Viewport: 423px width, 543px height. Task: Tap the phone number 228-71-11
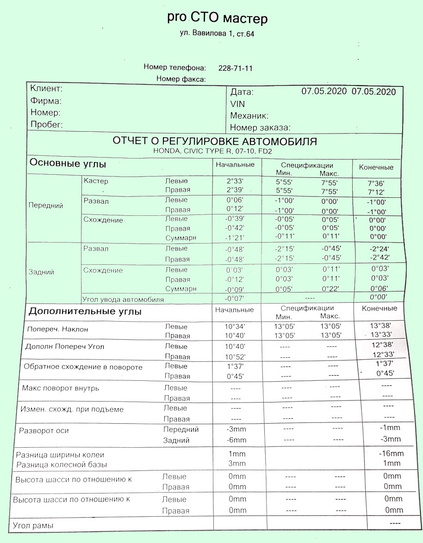(x=235, y=68)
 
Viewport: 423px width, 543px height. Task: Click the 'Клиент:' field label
(x=46, y=89)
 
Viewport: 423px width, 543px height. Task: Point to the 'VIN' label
(x=237, y=104)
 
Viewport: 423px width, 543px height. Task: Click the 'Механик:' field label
(x=249, y=116)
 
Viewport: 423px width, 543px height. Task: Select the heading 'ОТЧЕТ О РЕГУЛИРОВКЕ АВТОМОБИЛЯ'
(x=215, y=141)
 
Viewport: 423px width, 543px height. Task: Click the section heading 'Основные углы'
(x=68, y=164)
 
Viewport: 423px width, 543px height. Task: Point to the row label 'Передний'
(x=46, y=205)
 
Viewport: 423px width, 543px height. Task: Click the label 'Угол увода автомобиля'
(x=123, y=299)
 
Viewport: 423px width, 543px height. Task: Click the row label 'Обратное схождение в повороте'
(x=83, y=367)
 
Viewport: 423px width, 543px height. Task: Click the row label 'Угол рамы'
(x=33, y=525)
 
